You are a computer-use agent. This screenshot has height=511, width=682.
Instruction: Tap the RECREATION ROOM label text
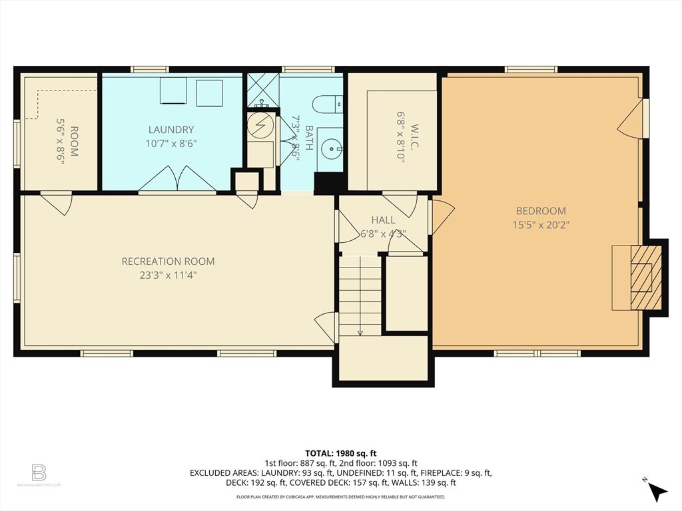pos(168,261)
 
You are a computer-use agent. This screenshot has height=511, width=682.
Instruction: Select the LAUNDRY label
pos(171,130)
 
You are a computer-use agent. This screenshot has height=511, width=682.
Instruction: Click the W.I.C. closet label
pos(412,136)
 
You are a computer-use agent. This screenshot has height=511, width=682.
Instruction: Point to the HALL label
pos(383,220)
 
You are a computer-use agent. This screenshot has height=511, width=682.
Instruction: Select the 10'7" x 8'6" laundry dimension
pos(171,143)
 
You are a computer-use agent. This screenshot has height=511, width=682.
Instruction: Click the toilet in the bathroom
pos(328,104)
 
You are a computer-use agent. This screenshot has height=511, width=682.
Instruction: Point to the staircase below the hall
pos(360,296)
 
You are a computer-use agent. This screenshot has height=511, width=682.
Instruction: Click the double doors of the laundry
pos(177,180)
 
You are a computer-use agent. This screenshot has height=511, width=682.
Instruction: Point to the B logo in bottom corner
pos(39,474)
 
